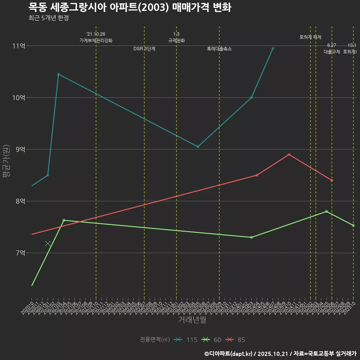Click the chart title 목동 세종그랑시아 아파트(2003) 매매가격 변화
click(x=130, y=7)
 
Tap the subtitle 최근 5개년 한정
click(x=48, y=18)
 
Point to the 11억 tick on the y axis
click(x=19, y=46)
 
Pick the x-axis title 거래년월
click(x=192, y=320)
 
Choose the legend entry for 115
click(x=186, y=340)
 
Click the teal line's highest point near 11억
click(x=273, y=48)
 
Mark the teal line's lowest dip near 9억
click(x=198, y=147)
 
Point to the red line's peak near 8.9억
click(x=289, y=154)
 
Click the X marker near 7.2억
click(x=48, y=244)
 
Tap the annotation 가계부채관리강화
click(x=96, y=40)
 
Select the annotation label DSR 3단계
click(x=144, y=49)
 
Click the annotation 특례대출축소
click(x=219, y=49)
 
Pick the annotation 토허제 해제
click(x=310, y=37)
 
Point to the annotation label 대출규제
click(x=332, y=52)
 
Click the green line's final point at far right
click(x=353, y=225)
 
